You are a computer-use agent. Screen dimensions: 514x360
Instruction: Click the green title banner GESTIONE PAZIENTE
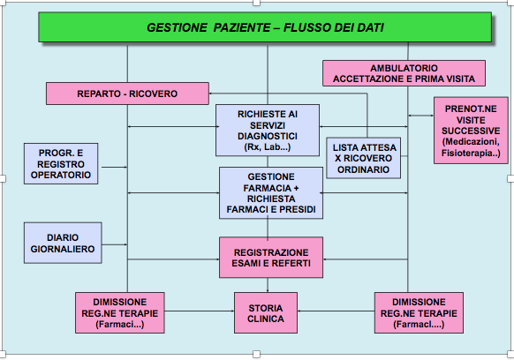pos(265,27)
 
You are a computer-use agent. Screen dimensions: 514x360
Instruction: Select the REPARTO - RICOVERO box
pos(127,94)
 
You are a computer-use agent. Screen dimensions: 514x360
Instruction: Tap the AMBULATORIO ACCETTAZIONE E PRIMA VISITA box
pos(404,73)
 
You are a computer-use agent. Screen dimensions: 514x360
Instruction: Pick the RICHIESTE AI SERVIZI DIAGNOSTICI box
pos(268,131)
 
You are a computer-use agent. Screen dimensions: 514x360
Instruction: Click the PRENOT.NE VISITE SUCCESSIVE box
pos(471,131)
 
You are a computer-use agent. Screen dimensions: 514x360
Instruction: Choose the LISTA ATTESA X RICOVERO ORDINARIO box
pos(364,158)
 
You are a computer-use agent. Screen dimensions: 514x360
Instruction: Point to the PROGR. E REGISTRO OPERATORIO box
pos(61,164)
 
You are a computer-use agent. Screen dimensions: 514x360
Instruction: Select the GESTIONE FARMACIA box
pos(271,193)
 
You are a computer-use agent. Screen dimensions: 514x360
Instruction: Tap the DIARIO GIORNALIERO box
pos(63,243)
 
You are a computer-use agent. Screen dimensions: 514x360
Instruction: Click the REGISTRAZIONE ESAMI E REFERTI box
pos(271,258)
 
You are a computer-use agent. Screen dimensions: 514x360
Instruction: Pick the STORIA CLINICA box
pos(266,313)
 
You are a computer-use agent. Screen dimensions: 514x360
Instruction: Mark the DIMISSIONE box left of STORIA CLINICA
pos(120,313)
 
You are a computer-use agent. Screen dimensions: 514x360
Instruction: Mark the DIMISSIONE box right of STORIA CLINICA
pos(419,313)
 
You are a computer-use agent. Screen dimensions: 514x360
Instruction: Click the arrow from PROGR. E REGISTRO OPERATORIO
pos(114,167)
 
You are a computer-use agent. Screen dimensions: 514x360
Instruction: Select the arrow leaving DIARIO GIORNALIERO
pos(115,244)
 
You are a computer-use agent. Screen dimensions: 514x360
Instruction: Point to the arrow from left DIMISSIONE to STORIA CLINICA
pos(200,311)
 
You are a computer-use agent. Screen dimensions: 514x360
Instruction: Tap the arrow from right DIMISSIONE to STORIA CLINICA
pos(336,311)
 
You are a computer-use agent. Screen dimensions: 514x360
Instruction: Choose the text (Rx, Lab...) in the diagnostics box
pos(268,147)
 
